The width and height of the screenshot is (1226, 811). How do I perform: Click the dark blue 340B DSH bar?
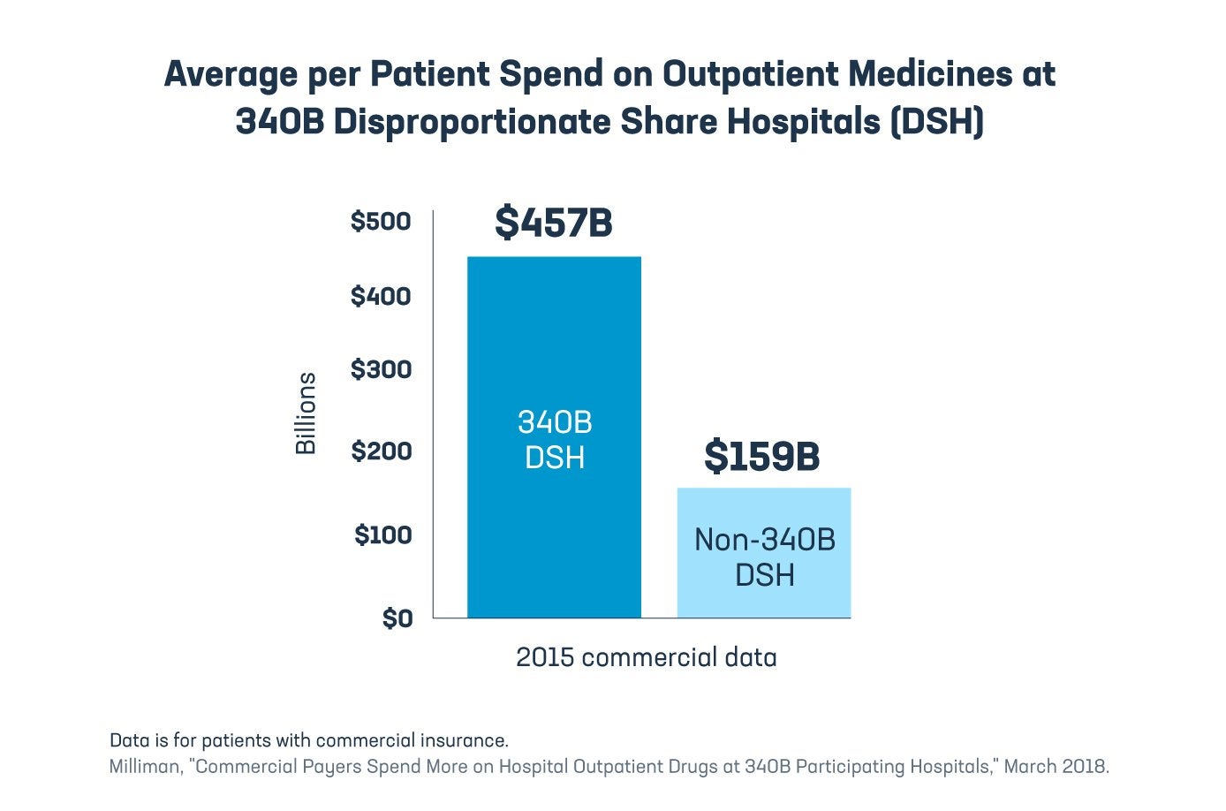[554, 353]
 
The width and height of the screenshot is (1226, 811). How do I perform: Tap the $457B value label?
[554, 222]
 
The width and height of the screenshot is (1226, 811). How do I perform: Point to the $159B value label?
[761, 457]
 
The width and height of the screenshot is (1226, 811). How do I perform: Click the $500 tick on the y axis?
[381, 221]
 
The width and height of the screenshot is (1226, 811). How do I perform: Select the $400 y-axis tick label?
[381, 296]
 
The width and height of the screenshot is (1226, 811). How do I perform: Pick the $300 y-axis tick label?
[381, 369]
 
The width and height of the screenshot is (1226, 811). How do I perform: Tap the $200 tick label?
[381, 451]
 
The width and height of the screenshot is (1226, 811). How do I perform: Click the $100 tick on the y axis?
[382, 534]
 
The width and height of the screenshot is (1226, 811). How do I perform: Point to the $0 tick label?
[397, 618]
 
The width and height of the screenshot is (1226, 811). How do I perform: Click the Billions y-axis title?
[306, 413]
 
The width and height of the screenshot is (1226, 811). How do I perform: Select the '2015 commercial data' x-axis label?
[646, 657]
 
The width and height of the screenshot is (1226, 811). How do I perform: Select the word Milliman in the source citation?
[144, 767]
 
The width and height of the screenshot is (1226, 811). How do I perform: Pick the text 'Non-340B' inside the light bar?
[764, 539]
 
